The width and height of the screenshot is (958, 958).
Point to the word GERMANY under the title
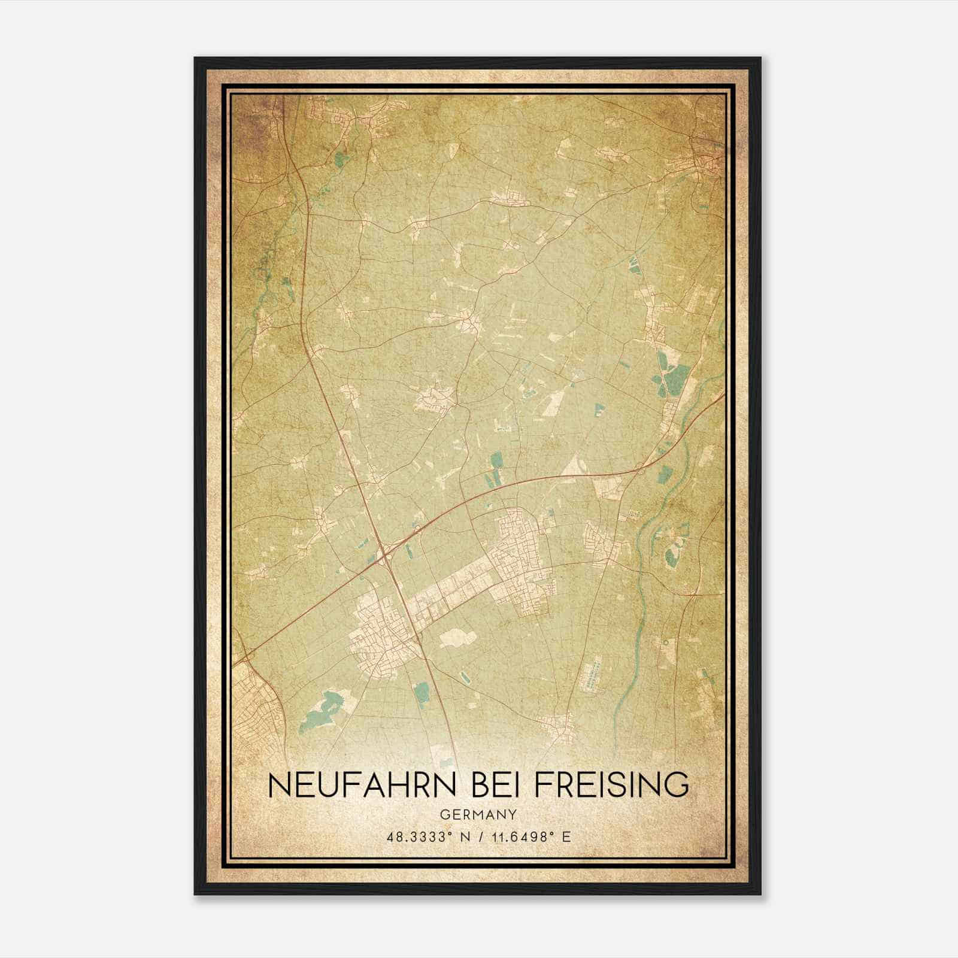pyautogui.click(x=478, y=814)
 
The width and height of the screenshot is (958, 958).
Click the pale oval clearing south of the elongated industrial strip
pyautogui.click(x=459, y=638)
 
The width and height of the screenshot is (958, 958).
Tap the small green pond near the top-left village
pyautogui.click(x=341, y=159)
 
